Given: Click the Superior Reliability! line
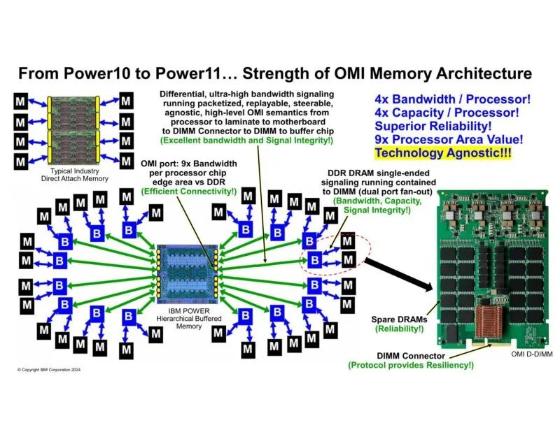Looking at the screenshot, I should tap(435, 126).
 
